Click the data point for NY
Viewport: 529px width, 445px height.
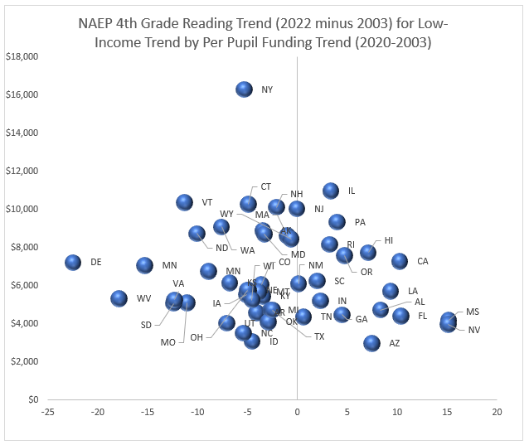coord(244,89)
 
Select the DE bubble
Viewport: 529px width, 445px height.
coord(73,263)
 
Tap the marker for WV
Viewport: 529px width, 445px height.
coord(119,298)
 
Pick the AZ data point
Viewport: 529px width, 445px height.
coord(371,342)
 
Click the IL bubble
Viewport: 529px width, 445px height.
coord(331,191)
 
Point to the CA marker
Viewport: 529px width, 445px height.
coord(400,261)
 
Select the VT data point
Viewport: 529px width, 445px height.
coord(184,202)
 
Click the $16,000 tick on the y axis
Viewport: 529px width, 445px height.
coord(24,95)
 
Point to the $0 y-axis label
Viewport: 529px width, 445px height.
coord(32,399)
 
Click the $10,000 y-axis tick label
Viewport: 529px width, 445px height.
coord(24,209)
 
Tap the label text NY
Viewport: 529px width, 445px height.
coord(267,89)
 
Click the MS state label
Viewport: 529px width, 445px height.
coord(473,312)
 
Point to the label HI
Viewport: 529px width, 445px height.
coord(389,240)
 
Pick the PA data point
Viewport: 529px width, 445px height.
coord(337,222)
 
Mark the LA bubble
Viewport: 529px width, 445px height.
coord(391,291)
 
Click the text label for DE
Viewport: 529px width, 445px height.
coord(96,263)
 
